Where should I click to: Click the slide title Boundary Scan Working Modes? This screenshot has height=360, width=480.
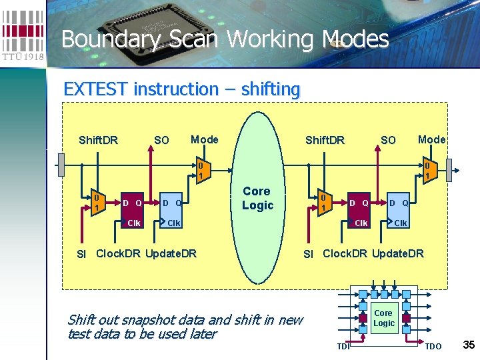click(x=225, y=39)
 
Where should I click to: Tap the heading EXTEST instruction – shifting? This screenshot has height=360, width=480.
click(x=181, y=89)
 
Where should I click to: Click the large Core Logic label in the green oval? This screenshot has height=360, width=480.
click(x=257, y=198)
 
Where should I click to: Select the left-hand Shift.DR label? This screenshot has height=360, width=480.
click(x=98, y=140)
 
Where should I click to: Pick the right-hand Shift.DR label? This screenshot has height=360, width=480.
click(x=325, y=140)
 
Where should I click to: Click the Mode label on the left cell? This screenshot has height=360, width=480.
click(x=204, y=139)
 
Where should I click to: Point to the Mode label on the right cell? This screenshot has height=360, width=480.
click(x=431, y=139)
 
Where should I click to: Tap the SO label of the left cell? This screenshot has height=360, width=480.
click(x=161, y=140)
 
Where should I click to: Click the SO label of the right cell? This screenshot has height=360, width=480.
click(x=388, y=140)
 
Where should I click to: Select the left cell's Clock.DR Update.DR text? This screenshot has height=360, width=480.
click(x=147, y=253)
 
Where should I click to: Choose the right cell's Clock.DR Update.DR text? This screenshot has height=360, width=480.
click(x=373, y=253)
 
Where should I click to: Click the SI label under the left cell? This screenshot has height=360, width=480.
click(x=81, y=254)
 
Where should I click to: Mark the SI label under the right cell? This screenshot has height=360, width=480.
click(x=308, y=254)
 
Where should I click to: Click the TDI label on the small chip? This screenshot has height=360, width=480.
click(x=343, y=346)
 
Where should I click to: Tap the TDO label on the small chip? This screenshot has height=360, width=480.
click(x=433, y=346)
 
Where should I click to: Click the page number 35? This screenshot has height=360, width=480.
click(x=468, y=345)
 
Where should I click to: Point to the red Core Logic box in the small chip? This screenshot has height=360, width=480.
click(x=383, y=318)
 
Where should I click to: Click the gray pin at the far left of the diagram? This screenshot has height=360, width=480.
click(x=61, y=163)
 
